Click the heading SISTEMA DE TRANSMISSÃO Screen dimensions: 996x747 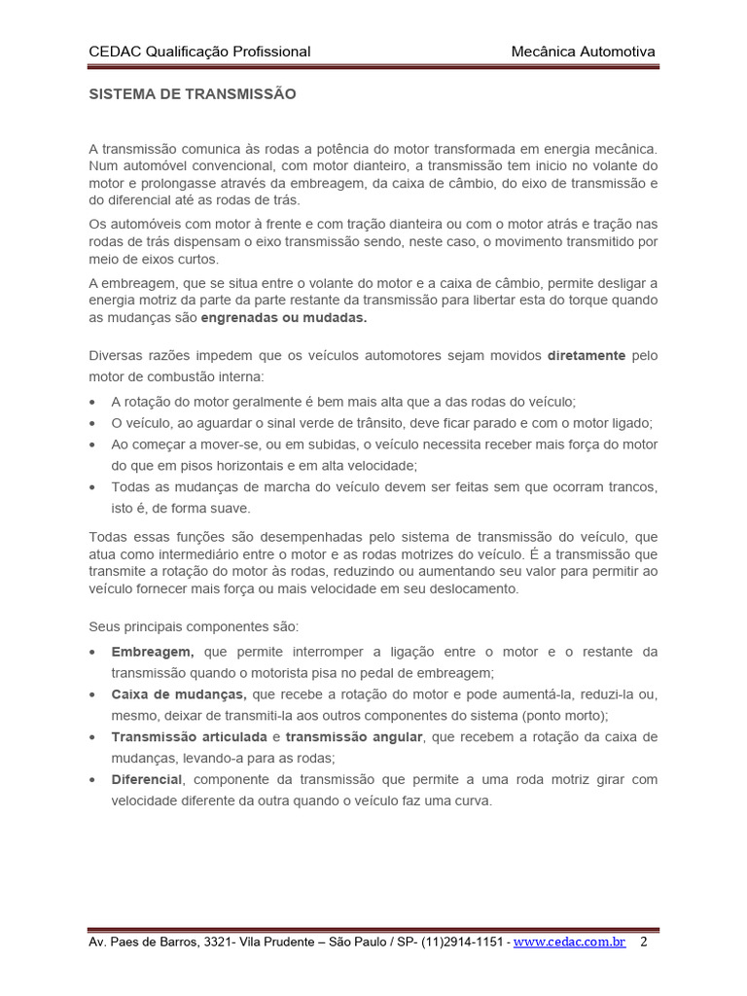(x=192, y=94)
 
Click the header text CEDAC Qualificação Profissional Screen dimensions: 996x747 (x=199, y=52)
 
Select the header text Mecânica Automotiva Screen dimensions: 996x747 (x=583, y=52)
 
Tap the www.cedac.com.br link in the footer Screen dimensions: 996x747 (x=569, y=943)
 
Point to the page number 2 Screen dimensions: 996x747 (x=644, y=943)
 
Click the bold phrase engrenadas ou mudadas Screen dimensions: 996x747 (x=284, y=318)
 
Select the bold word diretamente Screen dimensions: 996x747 (x=586, y=356)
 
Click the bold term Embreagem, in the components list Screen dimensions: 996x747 (x=153, y=651)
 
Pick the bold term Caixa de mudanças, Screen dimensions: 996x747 (x=179, y=694)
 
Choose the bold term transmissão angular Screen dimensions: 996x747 (x=354, y=736)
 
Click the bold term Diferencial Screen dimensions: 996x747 (x=147, y=779)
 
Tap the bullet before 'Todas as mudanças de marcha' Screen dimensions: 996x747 (x=92, y=486)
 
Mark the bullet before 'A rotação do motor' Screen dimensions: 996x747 (x=92, y=402)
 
